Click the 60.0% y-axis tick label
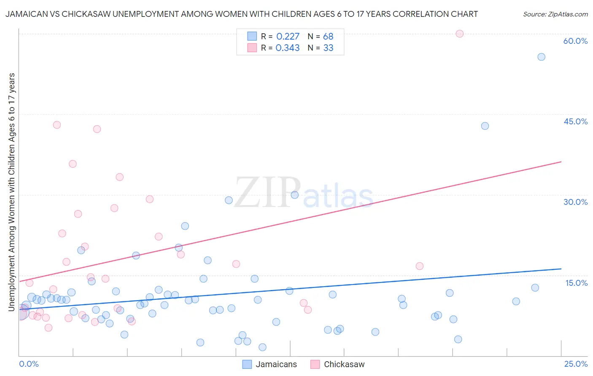pyautogui.click(x=575, y=41)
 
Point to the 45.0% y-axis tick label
pyautogui.click(x=575, y=121)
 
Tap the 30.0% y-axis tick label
pyautogui.click(x=575, y=202)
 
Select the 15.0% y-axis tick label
pyautogui.click(x=576, y=283)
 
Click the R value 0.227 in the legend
pyautogui.click(x=288, y=37)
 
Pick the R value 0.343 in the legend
pyautogui.click(x=288, y=48)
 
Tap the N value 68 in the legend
pyautogui.click(x=328, y=37)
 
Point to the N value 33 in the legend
pyautogui.click(x=328, y=48)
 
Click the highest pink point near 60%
pyautogui.click(x=460, y=34)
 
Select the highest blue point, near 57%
pyautogui.click(x=541, y=57)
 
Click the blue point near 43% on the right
pyautogui.click(x=485, y=126)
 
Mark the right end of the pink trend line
pyautogui.click(x=561, y=162)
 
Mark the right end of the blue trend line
pyautogui.click(x=561, y=269)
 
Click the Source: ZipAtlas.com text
pyautogui.click(x=555, y=14)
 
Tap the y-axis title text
pyautogui.click(x=12, y=192)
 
